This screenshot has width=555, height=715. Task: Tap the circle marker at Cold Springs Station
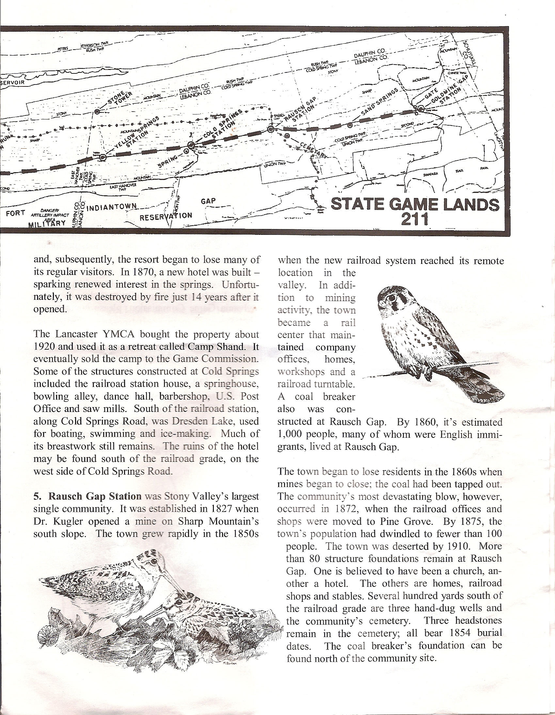click(191, 145)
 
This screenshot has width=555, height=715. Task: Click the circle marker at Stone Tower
click(97, 112)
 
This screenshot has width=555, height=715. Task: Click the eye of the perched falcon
click(391, 297)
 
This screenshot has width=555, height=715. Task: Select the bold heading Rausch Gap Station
click(95, 496)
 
